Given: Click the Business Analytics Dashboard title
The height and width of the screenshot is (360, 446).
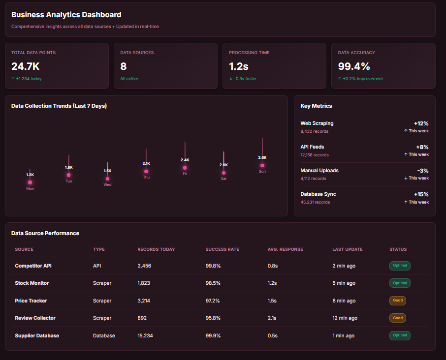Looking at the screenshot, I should point(66,15).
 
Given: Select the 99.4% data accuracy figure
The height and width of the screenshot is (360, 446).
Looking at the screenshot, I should point(354,66).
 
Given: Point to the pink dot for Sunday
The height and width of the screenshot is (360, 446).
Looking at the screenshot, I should point(262,165).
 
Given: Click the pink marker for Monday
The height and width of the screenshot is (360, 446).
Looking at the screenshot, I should point(30,182).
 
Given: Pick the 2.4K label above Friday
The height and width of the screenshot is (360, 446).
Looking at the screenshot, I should point(185,160).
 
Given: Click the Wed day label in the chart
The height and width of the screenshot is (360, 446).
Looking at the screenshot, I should point(107,185).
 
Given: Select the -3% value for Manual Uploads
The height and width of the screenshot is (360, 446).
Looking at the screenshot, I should point(423,170).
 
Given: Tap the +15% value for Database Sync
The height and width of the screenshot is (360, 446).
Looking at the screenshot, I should point(421,194).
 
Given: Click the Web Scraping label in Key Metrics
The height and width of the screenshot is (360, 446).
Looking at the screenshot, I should point(317,123).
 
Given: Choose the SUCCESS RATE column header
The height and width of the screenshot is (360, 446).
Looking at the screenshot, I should point(222,249).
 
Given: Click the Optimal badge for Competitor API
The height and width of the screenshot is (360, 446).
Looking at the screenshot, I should point(400,266).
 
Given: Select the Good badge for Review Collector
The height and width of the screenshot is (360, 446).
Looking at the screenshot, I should point(398,318).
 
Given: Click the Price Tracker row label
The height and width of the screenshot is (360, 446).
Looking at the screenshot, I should point(31,300).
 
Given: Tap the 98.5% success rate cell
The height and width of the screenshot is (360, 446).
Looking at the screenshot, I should point(213,283).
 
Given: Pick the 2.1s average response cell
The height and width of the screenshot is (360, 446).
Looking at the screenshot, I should point(272,318).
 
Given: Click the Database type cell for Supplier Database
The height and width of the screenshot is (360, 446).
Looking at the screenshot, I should point(104,336).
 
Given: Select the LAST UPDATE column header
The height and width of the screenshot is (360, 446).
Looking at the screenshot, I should point(347,249).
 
